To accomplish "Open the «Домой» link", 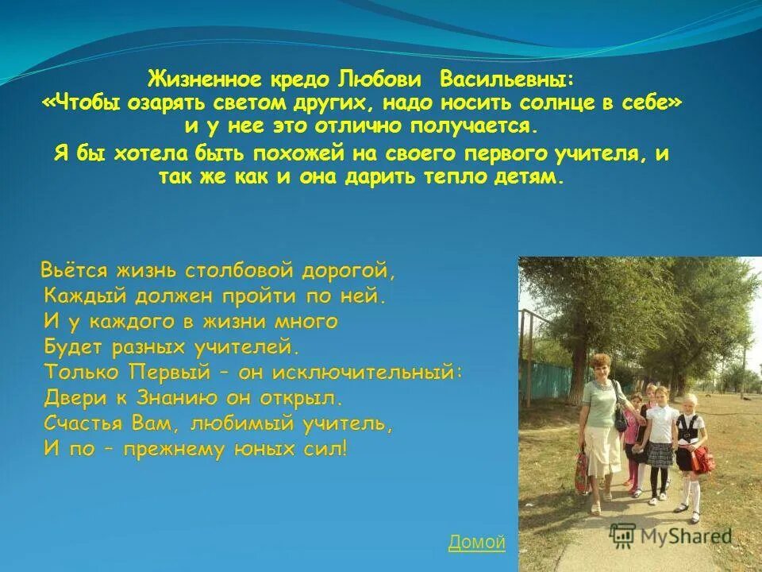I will (476, 543).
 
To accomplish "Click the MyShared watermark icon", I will (623, 536).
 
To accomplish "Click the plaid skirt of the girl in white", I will (660, 454).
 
